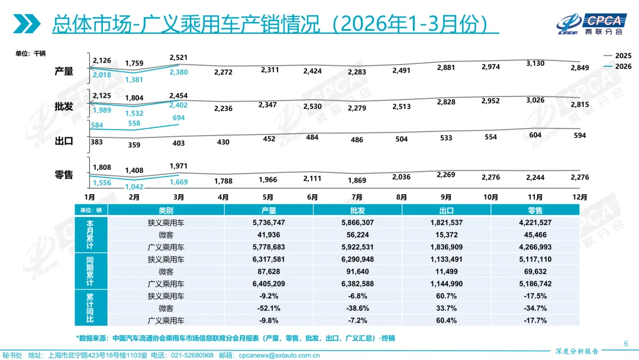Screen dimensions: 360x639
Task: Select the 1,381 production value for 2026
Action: point(134,79)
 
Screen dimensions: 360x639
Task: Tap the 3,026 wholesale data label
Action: point(535,99)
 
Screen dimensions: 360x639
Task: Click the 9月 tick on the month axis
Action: point(446,197)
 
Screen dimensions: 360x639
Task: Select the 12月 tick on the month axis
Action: point(580,197)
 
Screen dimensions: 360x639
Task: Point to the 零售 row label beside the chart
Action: point(64,175)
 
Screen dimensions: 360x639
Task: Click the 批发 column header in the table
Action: point(357,210)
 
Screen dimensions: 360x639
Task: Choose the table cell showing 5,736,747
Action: point(268,223)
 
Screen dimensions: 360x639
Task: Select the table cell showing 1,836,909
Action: point(446,247)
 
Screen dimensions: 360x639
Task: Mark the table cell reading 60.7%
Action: point(446,295)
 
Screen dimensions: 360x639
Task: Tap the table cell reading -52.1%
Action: point(268,308)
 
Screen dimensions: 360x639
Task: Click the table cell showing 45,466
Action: point(535,235)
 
